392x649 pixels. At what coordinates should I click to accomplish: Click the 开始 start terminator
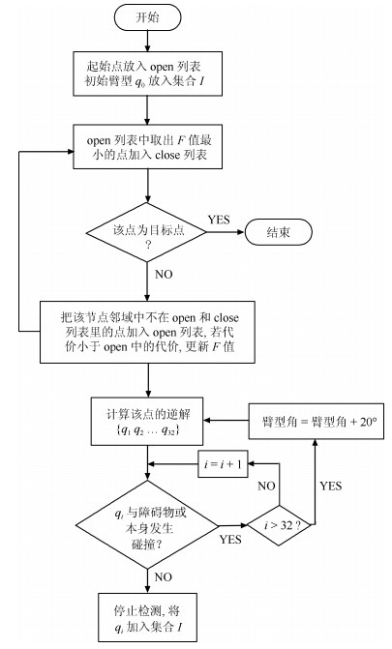click(x=147, y=17)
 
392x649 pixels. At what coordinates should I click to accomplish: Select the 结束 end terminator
click(x=278, y=232)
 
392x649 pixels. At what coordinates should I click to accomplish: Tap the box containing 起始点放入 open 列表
click(x=147, y=74)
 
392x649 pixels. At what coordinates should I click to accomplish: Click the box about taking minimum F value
click(x=147, y=146)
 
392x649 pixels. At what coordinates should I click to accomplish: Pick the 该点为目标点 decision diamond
click(x=147, y=232)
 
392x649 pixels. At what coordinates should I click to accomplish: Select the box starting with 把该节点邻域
click(x=147, y=332)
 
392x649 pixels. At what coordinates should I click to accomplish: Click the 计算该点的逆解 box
click(x=147, y=422)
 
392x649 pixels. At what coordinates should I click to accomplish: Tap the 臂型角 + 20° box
click(x=317, y=422)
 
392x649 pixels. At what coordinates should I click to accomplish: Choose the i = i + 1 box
click(x=223, y=464)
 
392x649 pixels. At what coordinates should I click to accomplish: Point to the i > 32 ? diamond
click(x=281, y=525)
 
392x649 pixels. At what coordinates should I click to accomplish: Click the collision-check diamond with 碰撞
click(x=147, y=525)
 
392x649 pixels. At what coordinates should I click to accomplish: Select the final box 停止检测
click(x=147, y=617)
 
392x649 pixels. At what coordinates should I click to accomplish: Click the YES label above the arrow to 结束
click(x=219, y=220)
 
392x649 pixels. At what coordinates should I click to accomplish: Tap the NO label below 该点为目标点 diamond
click(x=164, y=275)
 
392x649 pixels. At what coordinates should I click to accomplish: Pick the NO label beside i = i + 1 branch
click(x=266, y=486)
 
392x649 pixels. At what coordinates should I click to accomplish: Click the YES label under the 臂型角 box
click(x=331, y=486)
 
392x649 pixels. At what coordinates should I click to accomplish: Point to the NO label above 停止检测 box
click(x=164, y=577)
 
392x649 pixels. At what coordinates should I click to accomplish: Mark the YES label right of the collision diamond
click(x=230, y=540)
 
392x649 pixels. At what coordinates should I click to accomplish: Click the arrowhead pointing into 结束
click(x=241, y=232)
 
